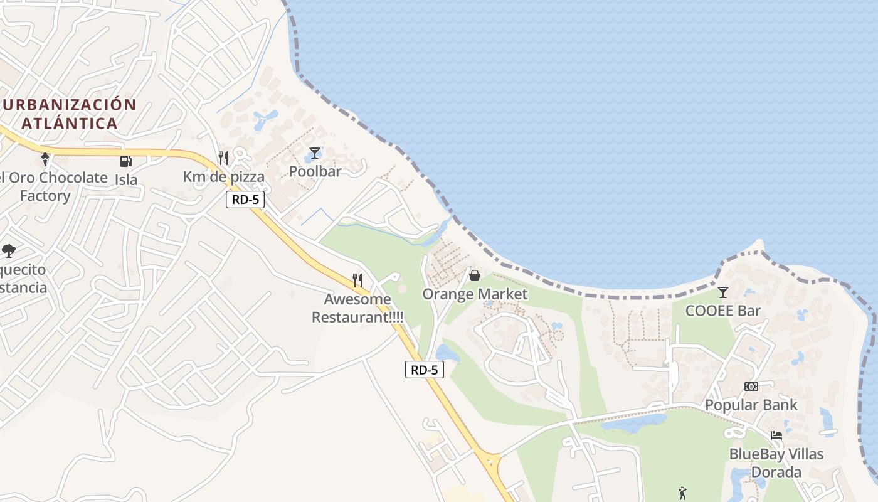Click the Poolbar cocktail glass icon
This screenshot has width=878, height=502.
(x=315, y=153)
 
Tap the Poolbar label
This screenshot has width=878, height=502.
(x=315, y=171)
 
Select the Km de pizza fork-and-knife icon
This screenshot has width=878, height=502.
(x=223, y=158)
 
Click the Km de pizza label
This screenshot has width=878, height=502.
(x=224, y=177)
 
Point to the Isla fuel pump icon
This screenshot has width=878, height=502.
(x=125, y=161)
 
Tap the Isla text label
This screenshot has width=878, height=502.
(x=126, y=179)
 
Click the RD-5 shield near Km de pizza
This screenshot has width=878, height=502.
(x=245, y=200)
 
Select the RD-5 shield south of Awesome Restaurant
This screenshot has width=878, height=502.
(x=425, y=370)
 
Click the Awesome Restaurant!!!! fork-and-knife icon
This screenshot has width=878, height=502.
(x=357, y=280)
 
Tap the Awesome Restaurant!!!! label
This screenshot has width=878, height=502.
(x=357, y=308)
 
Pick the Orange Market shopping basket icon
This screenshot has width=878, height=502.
(x=475, y=275)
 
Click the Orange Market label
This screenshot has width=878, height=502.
(x=475, y=294)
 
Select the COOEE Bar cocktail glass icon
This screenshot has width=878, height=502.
(x=723, y=292)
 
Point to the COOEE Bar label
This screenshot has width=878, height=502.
(x=723, y=311)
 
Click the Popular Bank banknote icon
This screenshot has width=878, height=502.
(x=751, y=387)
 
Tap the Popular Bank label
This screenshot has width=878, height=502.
(x=751, y=405)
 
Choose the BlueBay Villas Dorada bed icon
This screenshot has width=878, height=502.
(x=776, y=435)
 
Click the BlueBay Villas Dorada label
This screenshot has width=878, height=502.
(x=776, y=462)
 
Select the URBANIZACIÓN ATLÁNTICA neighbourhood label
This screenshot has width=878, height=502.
(x=69, y=114)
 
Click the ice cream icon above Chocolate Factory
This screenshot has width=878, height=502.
(x=45, y=159)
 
